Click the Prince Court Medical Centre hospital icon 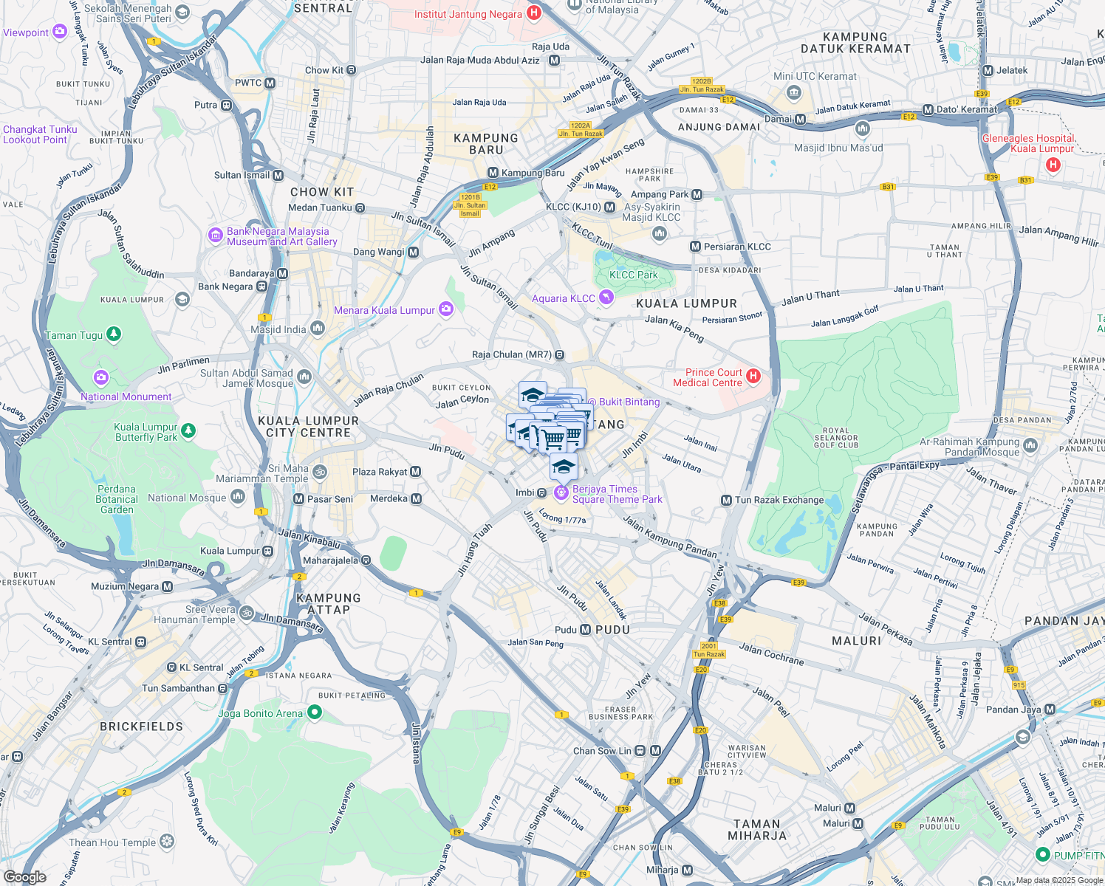pyautogui.click(x=753, y=377)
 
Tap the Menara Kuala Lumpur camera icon pyautogui.click(x=445, y=310)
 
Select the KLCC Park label pyautogui.click(x=633, y=275)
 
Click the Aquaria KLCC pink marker pyautogui.click(x=606, y=298)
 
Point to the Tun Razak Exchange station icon pyautogui.click(x=726, y=501)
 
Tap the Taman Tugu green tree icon pyautogui.click(x=113, y=334)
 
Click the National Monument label pyautogui.click(x=126, y=396)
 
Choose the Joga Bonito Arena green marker pyautogui.click(x=315, y=712)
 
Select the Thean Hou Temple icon pyautogui.click(x=168, y=842)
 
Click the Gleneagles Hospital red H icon pyautogui.click(x=1053, y=165)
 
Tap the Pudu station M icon pyautogui.click(x=586, y=630)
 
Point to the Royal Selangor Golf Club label pyautogui.click(x=836, y=438)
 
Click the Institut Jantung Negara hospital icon pyautogui.click(x=534, y=13)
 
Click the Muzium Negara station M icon pyautogui.click(x=168, y=587)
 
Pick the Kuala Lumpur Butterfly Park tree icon pyautogui.click(x=188, y=430)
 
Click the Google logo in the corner pyautogui.click(x=24, y=877)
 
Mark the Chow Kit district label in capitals pyautogui.click(x=322, y=192)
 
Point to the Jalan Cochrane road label pyautogui.click(x=771, y=653)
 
